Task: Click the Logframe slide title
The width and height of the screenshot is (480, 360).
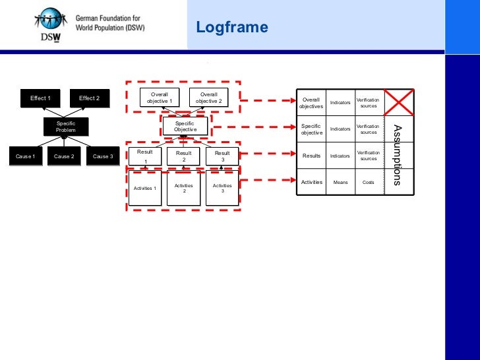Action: pyautogui.click(x=231, y=28)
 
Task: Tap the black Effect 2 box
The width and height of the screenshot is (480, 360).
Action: pyautogui.click(x=89, y=98)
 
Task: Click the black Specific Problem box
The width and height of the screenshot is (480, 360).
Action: pyautogui.click(x=65, y=127)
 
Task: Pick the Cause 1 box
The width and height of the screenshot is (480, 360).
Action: pyautogui.click(x=25, y=156)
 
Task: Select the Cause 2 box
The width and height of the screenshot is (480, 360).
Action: pyautogui.click(x=64, y=156)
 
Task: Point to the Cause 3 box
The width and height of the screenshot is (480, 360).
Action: pyautogui.click(x=103, y=156)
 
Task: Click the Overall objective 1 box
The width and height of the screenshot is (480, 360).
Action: pyautogui.click(x=160, y=98)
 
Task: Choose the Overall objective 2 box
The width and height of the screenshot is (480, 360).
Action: pyautogui.click(x=208, y=98)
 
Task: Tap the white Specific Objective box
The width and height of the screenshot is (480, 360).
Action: pyautogui.click(x=185, y=126)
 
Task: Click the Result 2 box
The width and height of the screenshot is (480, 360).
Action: pyautogui.click(x=184, y=156)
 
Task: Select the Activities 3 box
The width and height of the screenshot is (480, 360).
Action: pyautogui.click(x=222, y=189)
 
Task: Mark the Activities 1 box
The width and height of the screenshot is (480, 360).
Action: pyautogui.click(x=145, y=189)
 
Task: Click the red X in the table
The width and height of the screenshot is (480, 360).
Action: pyautogui.click(x=399, y=102)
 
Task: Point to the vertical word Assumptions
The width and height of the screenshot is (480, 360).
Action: pyautogui.click(x=397, y=154)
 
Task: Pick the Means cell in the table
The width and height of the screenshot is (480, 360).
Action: pyautogui.click(x=340, y=182)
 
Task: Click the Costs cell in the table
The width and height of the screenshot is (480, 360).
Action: pyautogui.click(x=369, y=182)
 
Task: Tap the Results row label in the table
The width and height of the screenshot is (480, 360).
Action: pyautogui.click(x=311, y=156)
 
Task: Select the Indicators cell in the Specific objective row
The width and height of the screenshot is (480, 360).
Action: pyautogui.click(x=340, y=129)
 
